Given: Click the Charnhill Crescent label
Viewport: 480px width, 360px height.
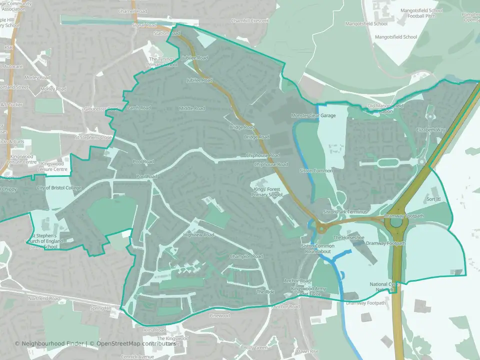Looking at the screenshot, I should pos(249,21).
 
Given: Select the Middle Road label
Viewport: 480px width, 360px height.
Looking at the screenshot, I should pos(192,108).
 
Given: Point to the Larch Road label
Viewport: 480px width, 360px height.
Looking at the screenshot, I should pos(139,107).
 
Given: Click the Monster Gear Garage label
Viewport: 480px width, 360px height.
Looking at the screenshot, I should pos(313,115).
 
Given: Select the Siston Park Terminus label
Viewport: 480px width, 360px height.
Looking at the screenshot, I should pos(345,212).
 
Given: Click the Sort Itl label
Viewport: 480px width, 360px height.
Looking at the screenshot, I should pos(433,199).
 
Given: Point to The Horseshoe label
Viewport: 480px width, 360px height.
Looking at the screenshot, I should pos(348,237).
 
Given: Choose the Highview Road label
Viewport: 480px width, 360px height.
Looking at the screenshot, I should pos(198,234).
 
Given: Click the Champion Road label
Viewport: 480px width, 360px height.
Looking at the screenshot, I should pos(246,256).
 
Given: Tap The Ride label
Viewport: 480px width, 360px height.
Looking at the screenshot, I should pos(266,291).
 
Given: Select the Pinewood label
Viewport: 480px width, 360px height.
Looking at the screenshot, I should pos(219,316).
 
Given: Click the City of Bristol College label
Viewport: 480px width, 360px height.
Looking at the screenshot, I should pos(59,188).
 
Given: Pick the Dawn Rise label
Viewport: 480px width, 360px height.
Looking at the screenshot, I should pos(307,351).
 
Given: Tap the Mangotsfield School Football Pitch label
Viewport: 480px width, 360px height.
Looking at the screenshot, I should pos(421,16).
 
